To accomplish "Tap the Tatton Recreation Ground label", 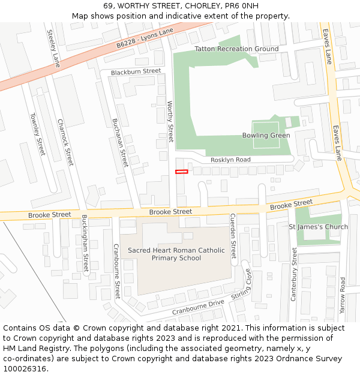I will click(x=236, y=49).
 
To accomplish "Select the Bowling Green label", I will click(x=266, y=136).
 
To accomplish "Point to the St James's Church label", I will click(x=318, y=227).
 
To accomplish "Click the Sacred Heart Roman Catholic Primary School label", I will click(x=176, y=254).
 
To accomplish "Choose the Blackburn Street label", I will click(x=136, y=71).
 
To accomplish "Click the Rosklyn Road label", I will click(x=230, y=160).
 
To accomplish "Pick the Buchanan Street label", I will click(x=120, y=142).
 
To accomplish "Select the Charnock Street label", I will click(x=65, y=142).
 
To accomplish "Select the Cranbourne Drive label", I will click(x=198, y=307).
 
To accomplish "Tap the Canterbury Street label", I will click(x=294, y=274).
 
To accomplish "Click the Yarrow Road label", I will click(x=343, y=295).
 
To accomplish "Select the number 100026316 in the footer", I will click(x=25, y=368).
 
